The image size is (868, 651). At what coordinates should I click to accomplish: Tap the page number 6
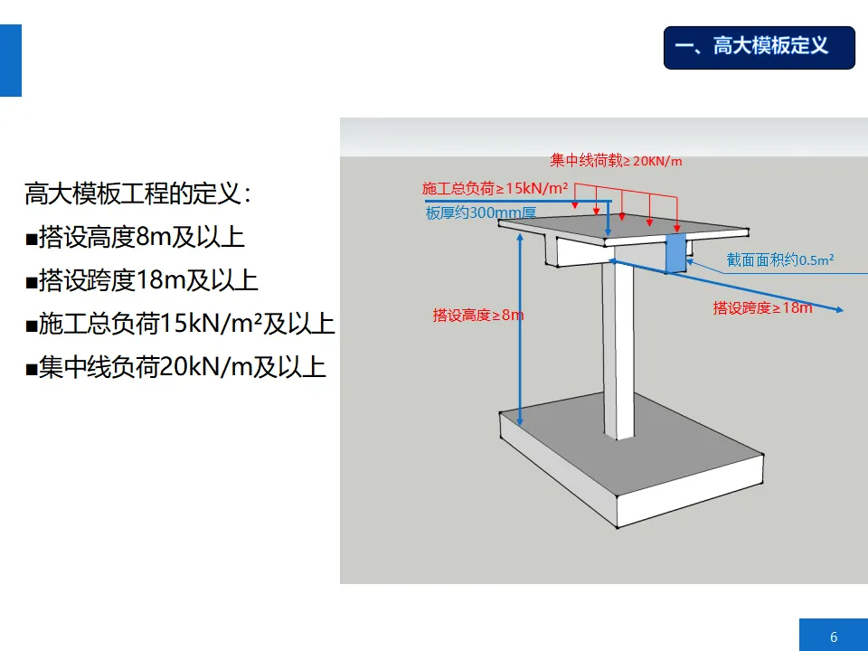click(833, 637)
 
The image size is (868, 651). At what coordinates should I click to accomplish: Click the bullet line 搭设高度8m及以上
click(135, 237)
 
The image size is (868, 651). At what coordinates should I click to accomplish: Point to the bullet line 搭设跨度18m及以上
click(142, 280)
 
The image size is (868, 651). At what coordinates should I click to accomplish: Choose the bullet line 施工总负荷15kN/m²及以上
click(180, 324)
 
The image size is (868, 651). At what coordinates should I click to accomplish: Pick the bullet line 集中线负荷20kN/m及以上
click(175, 367)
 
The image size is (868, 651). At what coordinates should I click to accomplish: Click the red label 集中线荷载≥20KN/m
click(616, 161)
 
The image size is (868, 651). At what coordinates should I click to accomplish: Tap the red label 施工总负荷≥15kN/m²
click(495, 188)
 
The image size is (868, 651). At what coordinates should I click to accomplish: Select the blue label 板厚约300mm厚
click(481, 214)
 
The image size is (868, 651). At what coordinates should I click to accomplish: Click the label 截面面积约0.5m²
click(779, 260)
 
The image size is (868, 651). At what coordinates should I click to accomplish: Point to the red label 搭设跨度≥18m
click(762, 307)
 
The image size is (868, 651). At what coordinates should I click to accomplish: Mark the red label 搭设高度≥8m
click(477, 316)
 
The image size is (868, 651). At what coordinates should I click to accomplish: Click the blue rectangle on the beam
click(675, 254)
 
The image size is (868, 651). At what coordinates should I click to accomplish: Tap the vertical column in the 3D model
click(619, 353)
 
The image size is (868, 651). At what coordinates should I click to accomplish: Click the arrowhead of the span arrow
click(840, 310)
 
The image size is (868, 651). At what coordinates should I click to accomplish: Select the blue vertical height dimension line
click(520, 325)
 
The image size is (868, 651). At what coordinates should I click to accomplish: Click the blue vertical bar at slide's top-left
click(10, 61)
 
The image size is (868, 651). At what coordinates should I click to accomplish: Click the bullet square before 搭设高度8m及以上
click(31, 240)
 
